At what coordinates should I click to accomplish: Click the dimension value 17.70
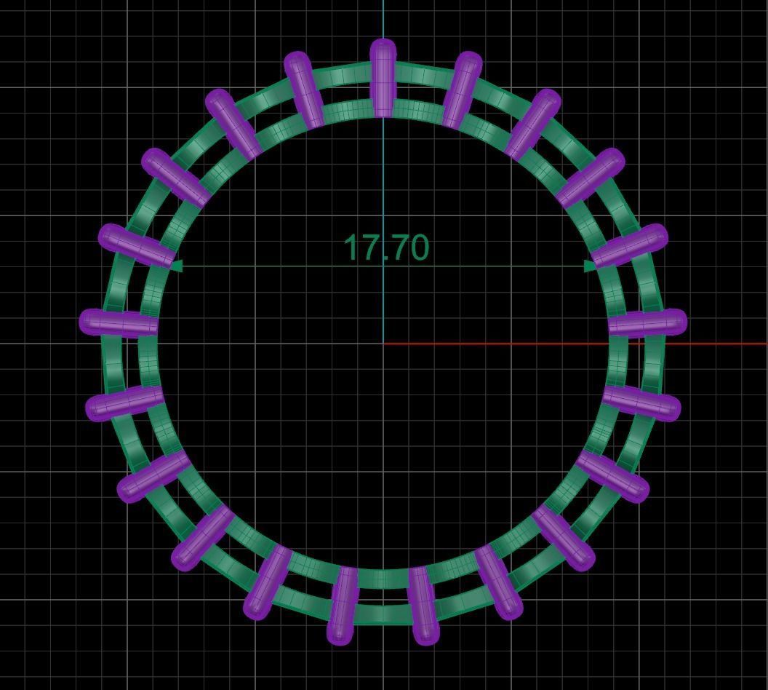385,248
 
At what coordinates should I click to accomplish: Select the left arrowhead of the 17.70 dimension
175,266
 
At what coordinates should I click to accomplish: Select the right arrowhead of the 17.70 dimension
591,266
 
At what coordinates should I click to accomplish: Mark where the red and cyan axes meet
384,344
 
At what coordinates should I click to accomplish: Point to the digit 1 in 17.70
352,248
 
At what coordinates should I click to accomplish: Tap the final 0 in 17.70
416,248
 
